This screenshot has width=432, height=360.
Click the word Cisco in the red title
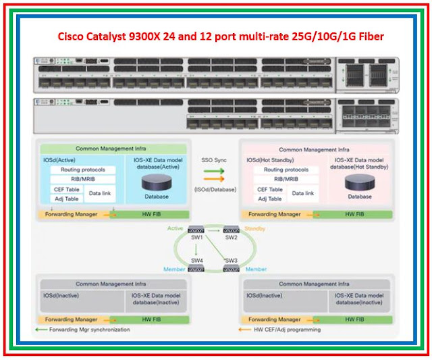tap(71, 36)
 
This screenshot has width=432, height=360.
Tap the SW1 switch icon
tap(196, 230)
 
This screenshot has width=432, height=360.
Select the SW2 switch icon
tap(232, 230)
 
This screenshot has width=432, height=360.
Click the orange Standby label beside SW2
tap(254, 229)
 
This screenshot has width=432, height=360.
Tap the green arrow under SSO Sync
tap(215, 171)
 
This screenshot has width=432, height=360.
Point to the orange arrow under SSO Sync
tap(215, 179)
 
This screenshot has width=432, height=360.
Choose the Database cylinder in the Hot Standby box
tap(358, 183)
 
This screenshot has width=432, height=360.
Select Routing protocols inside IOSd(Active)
tap(84, 170)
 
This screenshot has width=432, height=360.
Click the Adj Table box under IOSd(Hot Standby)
tap(270, 199)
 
